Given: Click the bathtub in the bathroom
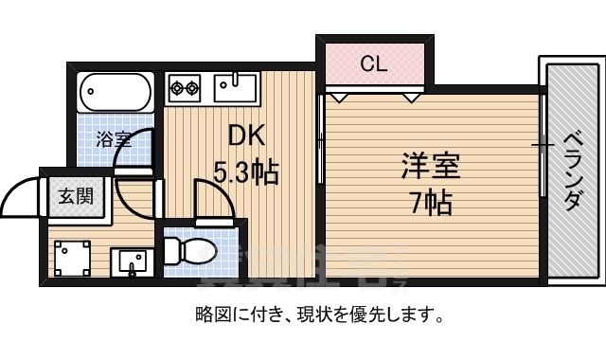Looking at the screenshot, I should coord(115,92).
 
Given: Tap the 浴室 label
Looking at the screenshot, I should coord(114,139).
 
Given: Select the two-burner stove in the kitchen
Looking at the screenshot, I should coord(186,88).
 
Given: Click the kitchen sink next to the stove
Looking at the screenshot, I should coord(236,89).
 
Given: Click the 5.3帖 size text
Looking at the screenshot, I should coord(245,173).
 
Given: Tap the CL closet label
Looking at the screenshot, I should coord(375,64).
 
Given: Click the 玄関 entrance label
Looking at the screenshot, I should coord(76,196).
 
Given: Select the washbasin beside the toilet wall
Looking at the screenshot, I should coord(130,260).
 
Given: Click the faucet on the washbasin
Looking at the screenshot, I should coord(130,268).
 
